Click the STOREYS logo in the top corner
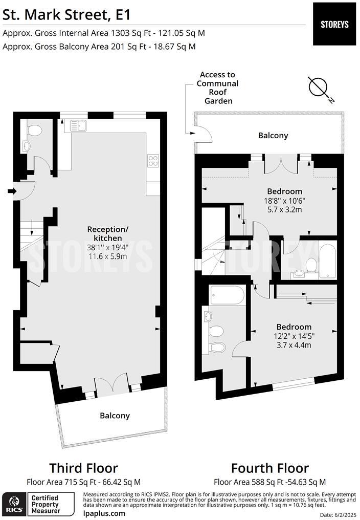[x=334, y=24]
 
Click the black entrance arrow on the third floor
[x=12, y=191]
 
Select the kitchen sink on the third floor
[x=79, y=125]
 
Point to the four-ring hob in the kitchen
[x=153, y=161]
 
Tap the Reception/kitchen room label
[x=104, y=233]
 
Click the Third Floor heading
[x=83, y=468]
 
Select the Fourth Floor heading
[x=269, y=468]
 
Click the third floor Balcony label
[x=115, y=416]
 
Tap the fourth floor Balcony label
[x=273, y=136]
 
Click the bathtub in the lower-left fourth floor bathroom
[x=228, y=295]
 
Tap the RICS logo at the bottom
[x=13, y=504]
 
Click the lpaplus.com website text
[x=103, y=513]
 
